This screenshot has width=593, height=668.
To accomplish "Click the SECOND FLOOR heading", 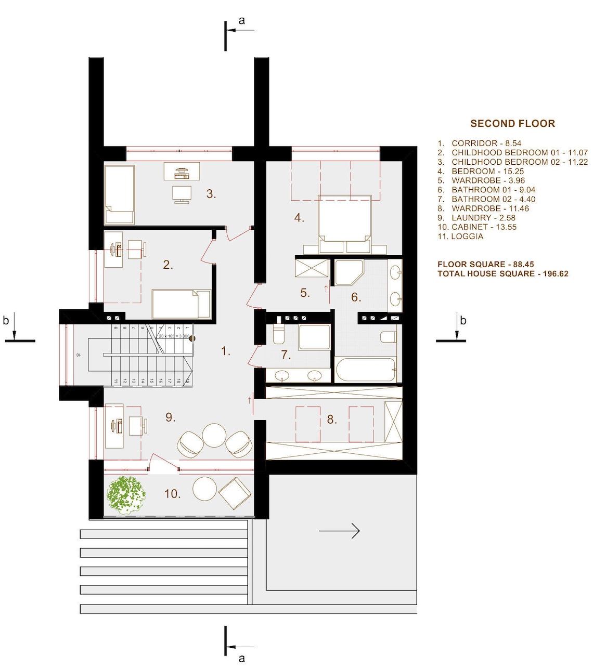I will click(512, 123).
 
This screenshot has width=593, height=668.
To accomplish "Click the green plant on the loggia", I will click(126, 495).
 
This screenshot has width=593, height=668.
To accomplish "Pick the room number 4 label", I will click(299, 218).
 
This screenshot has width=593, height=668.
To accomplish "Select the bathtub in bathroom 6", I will click(365, 370).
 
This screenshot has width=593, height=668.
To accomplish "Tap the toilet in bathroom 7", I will click(278, 335).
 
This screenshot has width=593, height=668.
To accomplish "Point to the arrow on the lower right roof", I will click(339, 531).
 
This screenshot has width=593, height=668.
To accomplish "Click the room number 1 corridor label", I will click(225, 351).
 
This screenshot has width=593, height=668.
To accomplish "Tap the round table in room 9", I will click(214, 435).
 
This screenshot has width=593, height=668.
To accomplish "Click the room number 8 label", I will click(332, 420).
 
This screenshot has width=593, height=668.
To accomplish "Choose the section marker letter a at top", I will click(241, 20).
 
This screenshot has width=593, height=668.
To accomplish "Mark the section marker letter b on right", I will click(463, 321).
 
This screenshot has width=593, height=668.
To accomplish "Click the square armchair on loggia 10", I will click(235, 493).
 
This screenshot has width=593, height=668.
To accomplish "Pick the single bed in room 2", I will click(181, 304).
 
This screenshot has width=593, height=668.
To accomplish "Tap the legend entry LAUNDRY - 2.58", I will click(483, 218).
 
